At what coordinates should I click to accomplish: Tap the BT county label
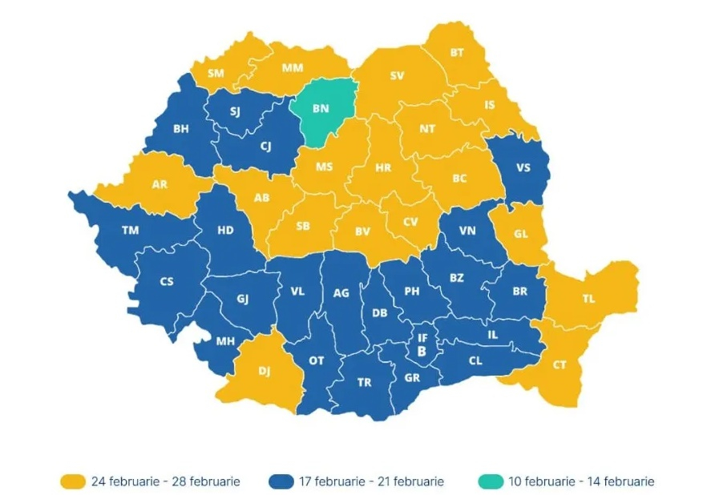point(457,53)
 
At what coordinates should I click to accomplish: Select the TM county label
point(130,231)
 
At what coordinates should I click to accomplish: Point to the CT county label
point(560,365)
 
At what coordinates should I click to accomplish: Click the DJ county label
point(265,370)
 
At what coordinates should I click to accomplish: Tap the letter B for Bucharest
point(421,352)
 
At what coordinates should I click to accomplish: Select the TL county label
point(589,299)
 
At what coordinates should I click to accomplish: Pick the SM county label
point(216,74)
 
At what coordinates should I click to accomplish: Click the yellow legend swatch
point(72,481)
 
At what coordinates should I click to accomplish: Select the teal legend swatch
point(491,481)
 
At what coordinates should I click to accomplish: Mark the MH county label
point(225,341)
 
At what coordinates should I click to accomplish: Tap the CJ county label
point(265,146)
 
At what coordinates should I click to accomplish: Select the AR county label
point(160,184)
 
